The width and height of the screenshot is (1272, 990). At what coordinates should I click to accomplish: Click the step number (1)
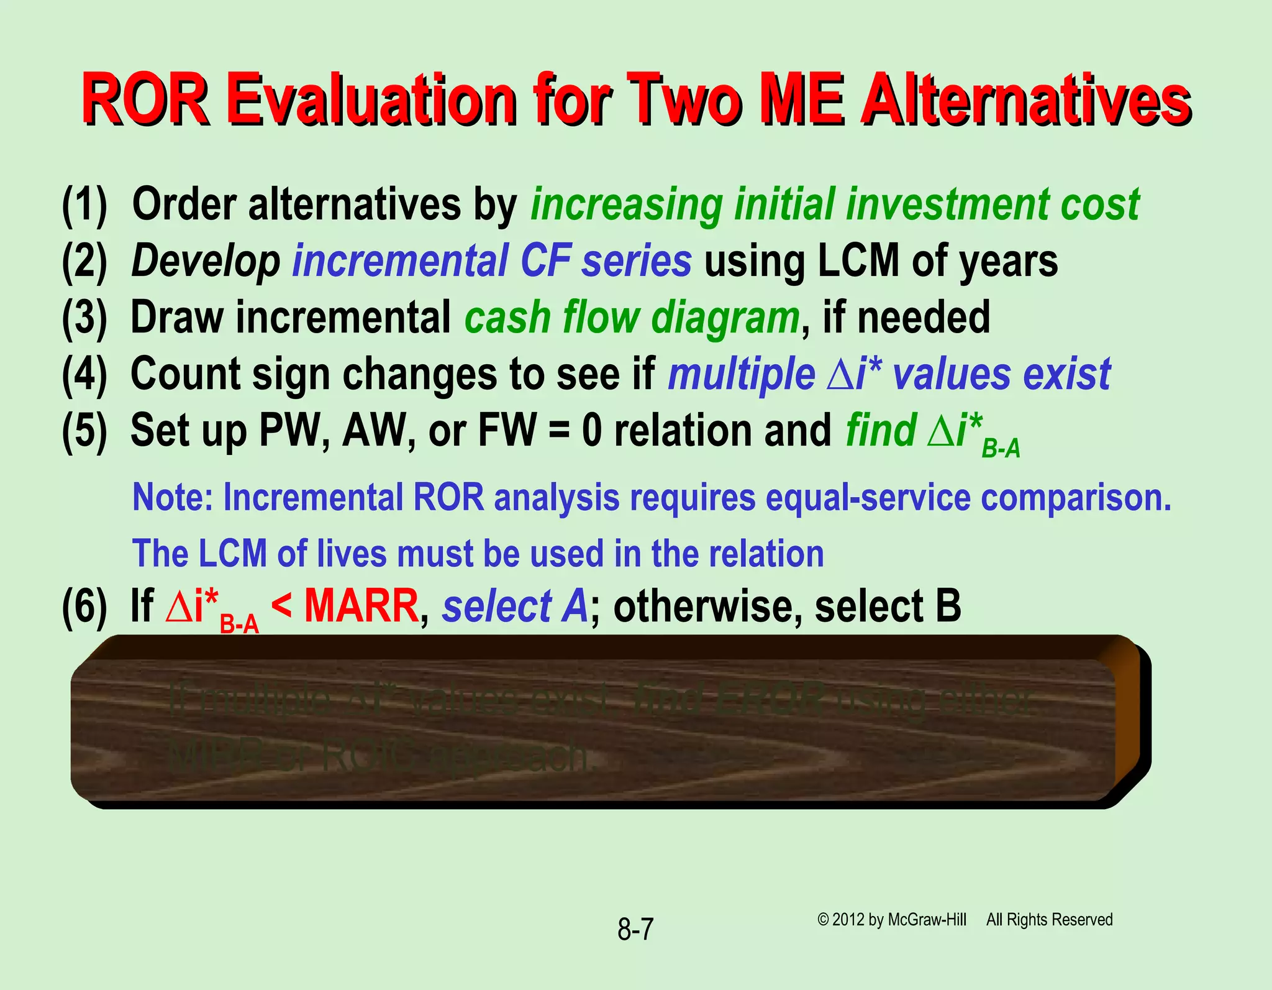[84, 205]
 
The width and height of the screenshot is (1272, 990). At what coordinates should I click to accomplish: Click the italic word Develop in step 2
[206, 261]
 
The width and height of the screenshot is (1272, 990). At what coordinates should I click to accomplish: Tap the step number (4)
[84, 374]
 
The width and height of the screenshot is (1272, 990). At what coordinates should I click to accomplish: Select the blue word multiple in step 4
[741, 374]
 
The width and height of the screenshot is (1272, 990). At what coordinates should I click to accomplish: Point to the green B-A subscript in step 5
[1001, 449]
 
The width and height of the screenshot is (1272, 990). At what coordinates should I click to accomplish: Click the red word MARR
[361, 606]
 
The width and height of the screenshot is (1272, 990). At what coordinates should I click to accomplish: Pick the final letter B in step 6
[948, 606]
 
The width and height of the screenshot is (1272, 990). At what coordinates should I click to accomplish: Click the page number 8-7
[635, 930]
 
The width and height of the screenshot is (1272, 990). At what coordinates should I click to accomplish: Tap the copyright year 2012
[848, 920]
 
